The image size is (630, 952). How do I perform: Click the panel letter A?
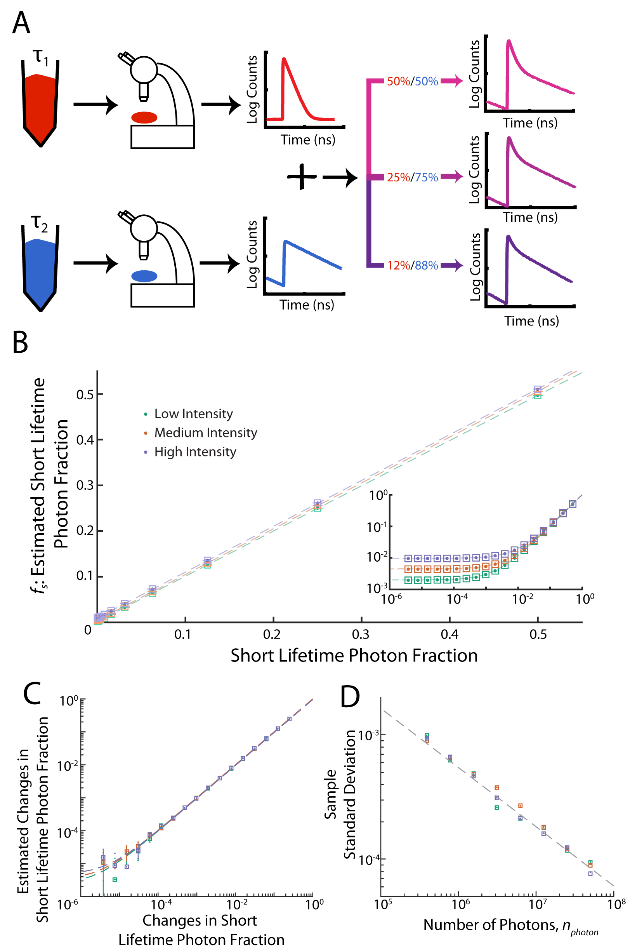21,23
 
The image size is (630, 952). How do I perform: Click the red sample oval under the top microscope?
144,117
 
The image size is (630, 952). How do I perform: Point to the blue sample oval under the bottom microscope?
144,276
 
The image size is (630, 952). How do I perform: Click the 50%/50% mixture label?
412,81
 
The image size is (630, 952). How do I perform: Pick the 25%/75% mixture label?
412,177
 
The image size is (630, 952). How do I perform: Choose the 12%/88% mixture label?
412,265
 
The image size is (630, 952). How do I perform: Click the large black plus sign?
302,177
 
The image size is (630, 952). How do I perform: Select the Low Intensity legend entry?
193,414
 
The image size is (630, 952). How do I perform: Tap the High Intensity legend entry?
195,452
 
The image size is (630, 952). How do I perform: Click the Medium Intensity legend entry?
205,433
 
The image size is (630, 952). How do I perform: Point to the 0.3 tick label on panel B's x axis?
360,634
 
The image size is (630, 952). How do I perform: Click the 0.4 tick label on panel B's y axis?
85,440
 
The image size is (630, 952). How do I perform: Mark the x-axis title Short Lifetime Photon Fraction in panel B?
354,656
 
